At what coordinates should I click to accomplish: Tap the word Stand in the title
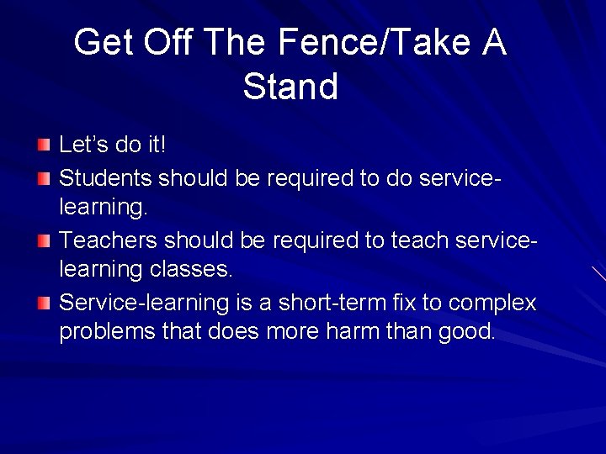290,87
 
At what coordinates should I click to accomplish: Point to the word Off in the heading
168,43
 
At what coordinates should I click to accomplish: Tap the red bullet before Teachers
44,240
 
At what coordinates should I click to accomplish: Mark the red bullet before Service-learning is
44,302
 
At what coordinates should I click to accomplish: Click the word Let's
84,145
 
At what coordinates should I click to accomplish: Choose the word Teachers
109,240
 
